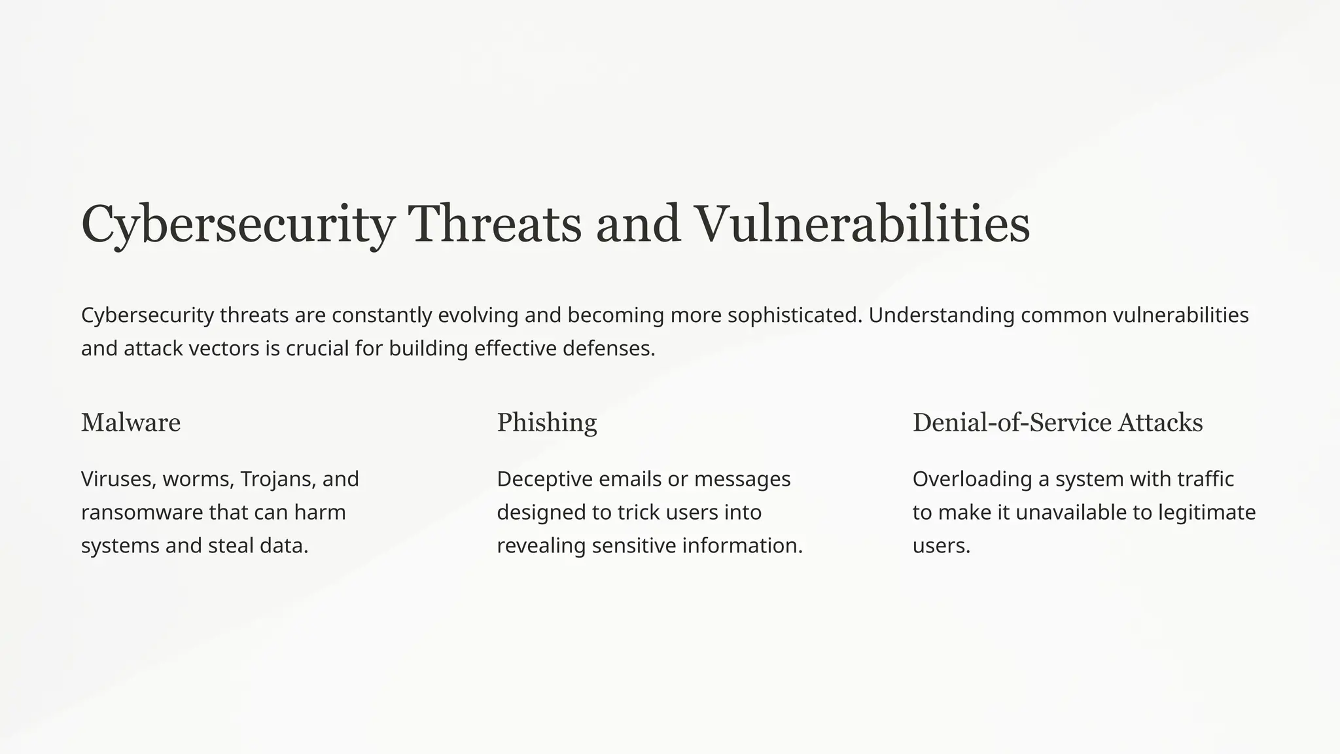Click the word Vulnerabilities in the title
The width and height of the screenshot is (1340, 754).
point(861,224)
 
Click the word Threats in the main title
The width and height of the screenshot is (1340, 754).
point(494,224)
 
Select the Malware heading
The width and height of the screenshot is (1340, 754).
point(131,423)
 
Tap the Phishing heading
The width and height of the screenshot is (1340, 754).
point(547,423)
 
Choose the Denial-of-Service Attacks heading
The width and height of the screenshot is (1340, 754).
point(1057,423)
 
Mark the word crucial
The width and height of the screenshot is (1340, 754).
point(317,349)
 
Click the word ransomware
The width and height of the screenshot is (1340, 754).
point(142,512)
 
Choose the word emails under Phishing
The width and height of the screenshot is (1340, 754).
point(630,479)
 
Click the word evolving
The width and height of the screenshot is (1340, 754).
point(478,315)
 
